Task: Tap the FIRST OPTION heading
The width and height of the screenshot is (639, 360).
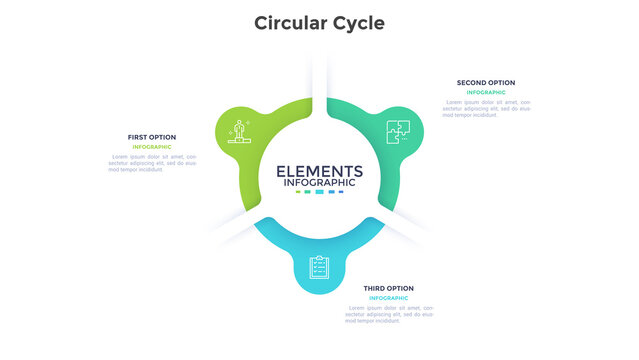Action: tap(152, 137)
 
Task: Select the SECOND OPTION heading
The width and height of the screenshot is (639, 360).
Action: tap(486, 82)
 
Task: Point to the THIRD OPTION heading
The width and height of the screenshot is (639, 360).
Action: tap(388, 288)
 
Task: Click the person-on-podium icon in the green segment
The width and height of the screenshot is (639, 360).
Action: tap(238, 130)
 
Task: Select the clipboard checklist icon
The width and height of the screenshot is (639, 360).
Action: tap(318, 267)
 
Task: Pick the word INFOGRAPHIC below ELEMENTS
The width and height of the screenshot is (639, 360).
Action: tap(319, 183)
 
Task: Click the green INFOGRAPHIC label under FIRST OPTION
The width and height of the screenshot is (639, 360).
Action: tap(152, 147)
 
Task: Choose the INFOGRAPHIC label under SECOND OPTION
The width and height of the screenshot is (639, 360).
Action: tap(486, 92)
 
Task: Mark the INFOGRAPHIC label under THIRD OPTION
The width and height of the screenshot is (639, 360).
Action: tap(388, 298)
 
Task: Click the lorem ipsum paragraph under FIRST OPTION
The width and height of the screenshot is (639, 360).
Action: tap(152, 163)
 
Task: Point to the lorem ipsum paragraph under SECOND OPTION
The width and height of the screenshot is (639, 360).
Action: tap(486, 108)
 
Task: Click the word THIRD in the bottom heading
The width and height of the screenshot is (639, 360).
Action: tap(376, 288)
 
